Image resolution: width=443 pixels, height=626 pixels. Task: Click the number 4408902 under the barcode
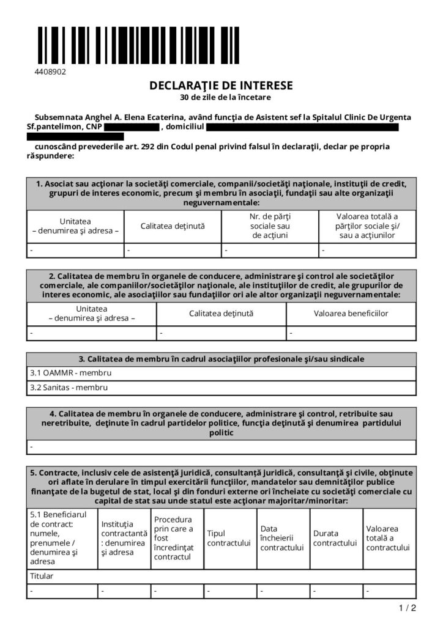tap(50, 72)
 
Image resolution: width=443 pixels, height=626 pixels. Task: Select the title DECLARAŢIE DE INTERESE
tap(221, 86)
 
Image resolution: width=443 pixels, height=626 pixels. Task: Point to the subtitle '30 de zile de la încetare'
tap(221, 97)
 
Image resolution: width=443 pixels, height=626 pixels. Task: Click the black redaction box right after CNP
tap(132, 127)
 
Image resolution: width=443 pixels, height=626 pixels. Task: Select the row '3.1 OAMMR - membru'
tap(71, 372)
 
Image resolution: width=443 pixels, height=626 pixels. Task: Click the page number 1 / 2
tap(408, 608)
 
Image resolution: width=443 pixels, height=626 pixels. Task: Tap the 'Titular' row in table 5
tap(42, 576)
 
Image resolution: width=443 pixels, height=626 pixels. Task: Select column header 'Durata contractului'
tap(334, 538)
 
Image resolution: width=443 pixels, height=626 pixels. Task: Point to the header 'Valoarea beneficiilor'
tap(351, 314)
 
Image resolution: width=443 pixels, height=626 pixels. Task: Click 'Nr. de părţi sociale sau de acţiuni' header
tap(270, 226)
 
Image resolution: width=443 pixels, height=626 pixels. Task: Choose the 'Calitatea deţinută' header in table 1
tap(173, 226)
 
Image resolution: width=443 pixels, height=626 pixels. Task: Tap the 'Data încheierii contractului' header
tap(281, 538)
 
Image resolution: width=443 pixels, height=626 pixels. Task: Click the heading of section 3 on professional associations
tap(221, 358)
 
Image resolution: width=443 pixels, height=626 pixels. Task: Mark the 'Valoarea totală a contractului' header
tap(388, 538)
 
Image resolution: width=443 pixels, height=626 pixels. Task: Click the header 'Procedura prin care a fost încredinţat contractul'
tap(175, 538)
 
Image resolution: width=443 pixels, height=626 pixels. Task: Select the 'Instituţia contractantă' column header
tap(124, 538)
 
